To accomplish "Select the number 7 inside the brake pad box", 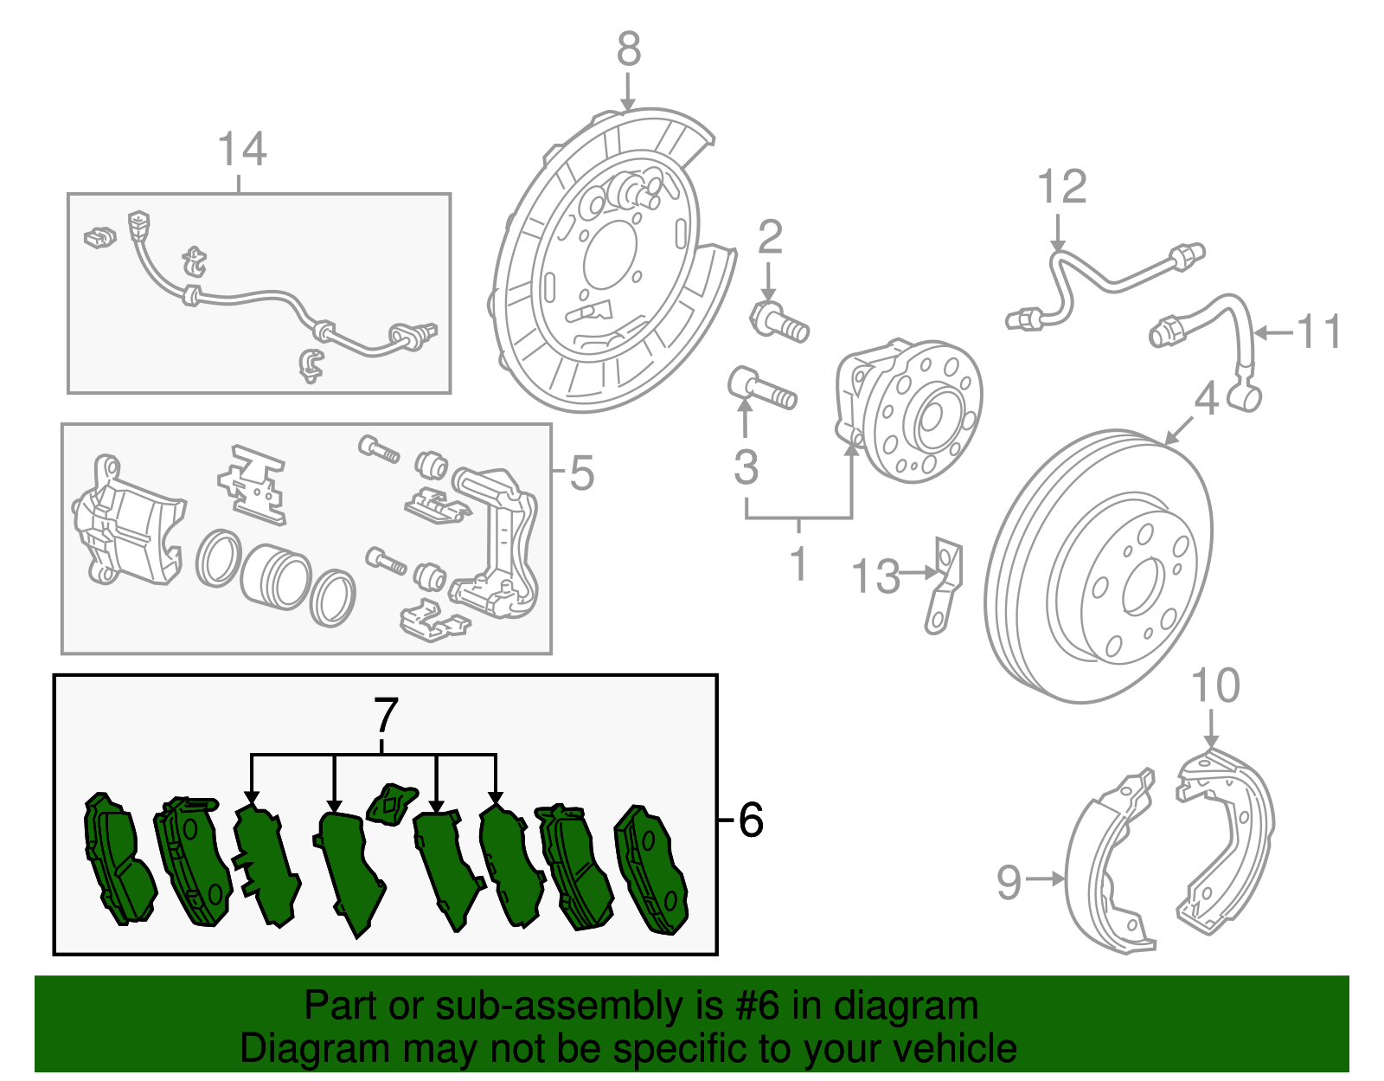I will (385, 716).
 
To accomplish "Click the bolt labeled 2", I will (778, 322).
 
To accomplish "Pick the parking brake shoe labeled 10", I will (1228, 831).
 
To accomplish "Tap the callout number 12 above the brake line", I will (1061, 187).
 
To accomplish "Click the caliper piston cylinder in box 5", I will (275, 576).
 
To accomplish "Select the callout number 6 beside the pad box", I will (751, 819).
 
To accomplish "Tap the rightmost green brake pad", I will (652, 870).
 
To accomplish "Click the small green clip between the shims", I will (391, 803).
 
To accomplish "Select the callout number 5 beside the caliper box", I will (581, 473).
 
